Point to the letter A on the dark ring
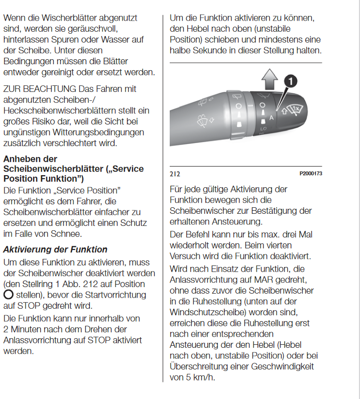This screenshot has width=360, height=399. pyautogui.click(x=272, y=117)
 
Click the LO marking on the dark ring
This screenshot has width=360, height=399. pyautogui.click(x=262, y=129)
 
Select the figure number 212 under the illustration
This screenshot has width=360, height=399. pyautogui.click(x=175, y=174)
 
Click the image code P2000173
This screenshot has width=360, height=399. pyautogui.click(x=310, y=173)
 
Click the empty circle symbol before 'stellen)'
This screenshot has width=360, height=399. pyautogui.click(x=9, y=295)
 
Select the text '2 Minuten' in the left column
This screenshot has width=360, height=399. pyautogui.click(x=23, y=329)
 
